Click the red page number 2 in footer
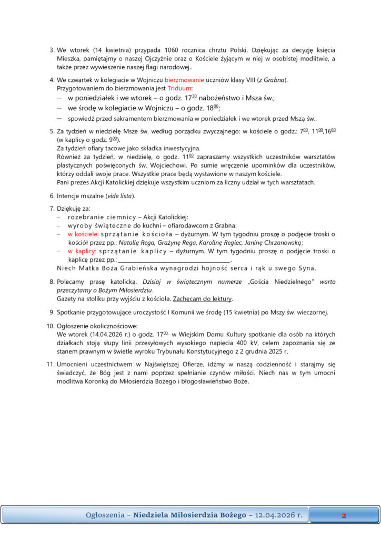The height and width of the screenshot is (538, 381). coord(344,515)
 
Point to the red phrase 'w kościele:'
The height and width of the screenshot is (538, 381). coord(82,234)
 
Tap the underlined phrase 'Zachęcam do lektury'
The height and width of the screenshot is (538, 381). coord(203,298)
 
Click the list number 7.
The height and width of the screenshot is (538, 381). coord(52,209)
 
